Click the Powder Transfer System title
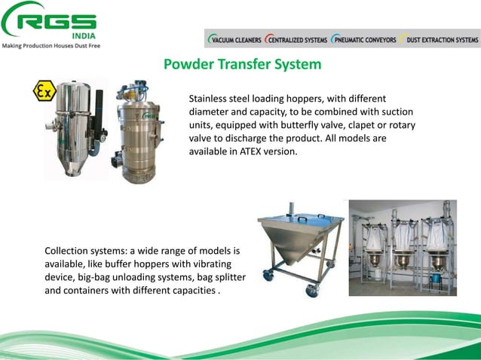pos(242,65)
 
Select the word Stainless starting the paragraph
pos(209,99)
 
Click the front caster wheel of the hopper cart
pos(311,291)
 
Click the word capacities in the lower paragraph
pos(190,290)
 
